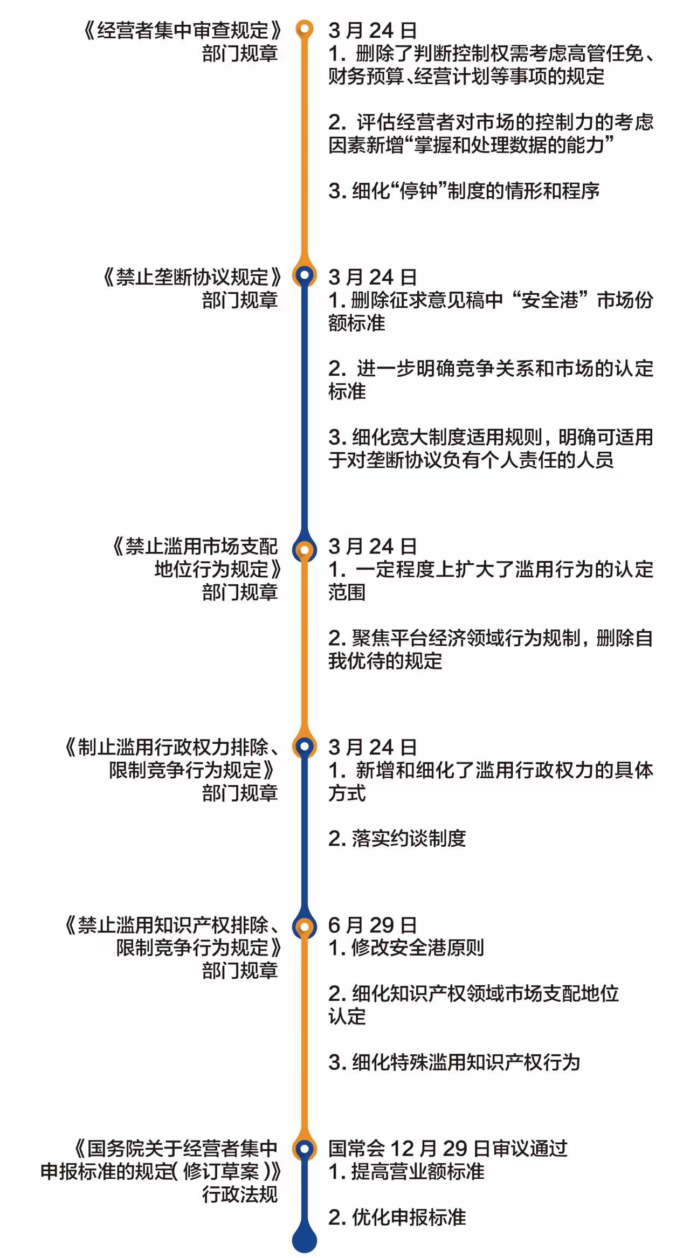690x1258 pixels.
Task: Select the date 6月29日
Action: (x=372, y=925)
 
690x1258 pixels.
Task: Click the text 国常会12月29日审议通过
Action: (x=448, y=1148)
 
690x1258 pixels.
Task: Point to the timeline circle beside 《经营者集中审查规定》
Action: (x=305, y=29)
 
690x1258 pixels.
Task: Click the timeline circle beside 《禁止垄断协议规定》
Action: (x=305, y=275)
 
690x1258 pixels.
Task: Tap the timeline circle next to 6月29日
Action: (x=305, y=927)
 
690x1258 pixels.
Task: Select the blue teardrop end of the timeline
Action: (x=305, y=1238)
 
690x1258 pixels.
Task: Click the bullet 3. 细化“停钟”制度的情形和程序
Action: (x=464, y=191)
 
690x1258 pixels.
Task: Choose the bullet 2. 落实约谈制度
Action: (x=397, y=839)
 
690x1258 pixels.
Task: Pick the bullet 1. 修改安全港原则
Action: (x=406, y=948)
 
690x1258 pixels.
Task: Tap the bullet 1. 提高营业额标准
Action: (x=406, y=1172)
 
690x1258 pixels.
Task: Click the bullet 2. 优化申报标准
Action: (x=397, y=1217)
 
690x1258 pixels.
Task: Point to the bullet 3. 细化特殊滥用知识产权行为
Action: (x=454, y=1062)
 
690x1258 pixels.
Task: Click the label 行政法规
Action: (x=240, y=1194)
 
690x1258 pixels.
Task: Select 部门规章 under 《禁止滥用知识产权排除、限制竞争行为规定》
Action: (x=240, y=971)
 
